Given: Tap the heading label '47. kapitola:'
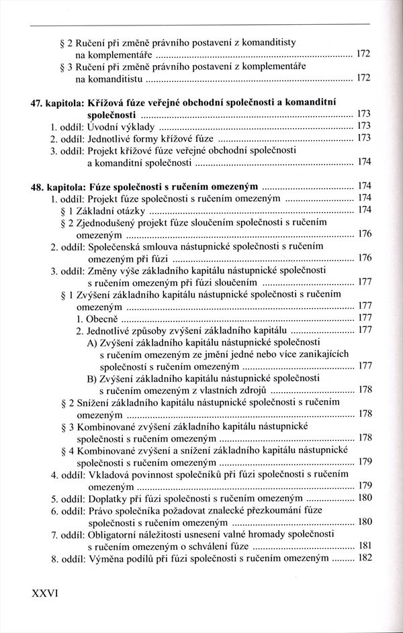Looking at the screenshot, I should coord(61,102).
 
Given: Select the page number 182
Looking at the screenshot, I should coord(363,558).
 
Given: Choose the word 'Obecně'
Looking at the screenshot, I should coord(101,318).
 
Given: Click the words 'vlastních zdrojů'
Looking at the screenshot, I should coord(233,390).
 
